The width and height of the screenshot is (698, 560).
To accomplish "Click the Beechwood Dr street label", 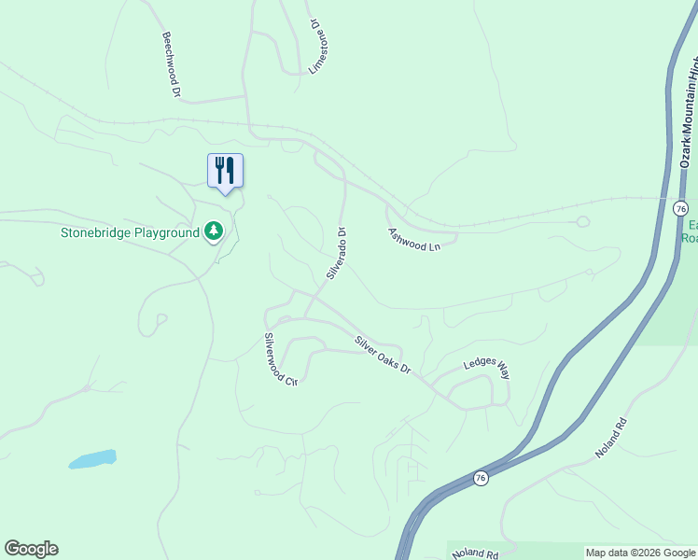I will coord(171,65).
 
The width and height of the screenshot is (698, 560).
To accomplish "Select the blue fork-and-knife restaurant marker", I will coord(225,171).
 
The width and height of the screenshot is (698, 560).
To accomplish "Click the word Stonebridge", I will coord(99,232).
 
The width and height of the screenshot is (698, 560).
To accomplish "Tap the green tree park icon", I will coord(215,231).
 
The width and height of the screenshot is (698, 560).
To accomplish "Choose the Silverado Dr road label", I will coord(337,254).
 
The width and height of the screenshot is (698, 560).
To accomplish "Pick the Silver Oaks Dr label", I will coord(383,356).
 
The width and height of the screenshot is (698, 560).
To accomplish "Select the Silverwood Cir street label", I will coord(279,360).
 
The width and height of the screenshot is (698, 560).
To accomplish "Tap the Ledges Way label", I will coord(487,369).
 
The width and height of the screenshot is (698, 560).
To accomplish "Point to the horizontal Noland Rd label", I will coord(474,553).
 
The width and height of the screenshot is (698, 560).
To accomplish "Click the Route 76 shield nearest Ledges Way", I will coord(480,477).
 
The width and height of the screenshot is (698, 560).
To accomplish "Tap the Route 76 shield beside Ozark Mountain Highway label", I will coord(680,207).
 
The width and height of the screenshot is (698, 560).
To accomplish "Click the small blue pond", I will coord(92,459).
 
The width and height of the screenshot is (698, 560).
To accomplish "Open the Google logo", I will coord(31,549).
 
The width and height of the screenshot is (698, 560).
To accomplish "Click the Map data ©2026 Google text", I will coord(640,553).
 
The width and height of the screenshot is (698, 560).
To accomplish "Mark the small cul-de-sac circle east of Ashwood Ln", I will coord(583,222).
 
